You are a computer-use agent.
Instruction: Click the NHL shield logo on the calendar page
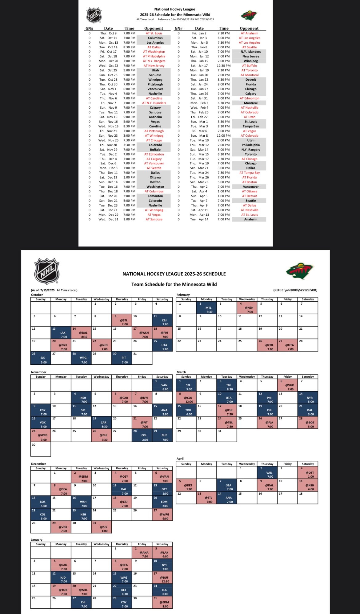click(46, 271)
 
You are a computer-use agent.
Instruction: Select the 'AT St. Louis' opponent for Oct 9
click(154, 33)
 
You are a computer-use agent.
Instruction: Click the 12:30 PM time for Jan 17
click(223, 66)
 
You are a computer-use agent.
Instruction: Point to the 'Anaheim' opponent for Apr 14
click(250, 219)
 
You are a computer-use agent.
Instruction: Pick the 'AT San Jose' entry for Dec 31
click(154, 219)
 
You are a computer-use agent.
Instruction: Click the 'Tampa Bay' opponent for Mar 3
click(250, 126)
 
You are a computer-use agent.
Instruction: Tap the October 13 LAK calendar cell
click(61, 333)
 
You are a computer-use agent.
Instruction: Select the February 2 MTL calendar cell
click(206, 308)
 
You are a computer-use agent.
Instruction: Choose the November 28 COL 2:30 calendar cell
click(142, 435)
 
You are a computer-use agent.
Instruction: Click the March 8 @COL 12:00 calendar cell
click(186, 398)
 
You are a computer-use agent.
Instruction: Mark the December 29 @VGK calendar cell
click(61, 527)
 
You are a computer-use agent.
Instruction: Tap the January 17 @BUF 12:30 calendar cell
click(162, 578)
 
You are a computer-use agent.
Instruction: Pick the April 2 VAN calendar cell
click(267, 472)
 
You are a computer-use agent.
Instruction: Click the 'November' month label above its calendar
click(39, 372)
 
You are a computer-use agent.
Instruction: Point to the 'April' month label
click(180, 459)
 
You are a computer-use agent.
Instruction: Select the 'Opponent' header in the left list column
click(154, 28)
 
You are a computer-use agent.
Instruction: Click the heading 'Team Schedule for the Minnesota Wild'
click(174, 284)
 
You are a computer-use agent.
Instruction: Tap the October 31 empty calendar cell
click(142, 358)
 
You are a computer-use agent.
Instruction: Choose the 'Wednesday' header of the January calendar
click(102, 544)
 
